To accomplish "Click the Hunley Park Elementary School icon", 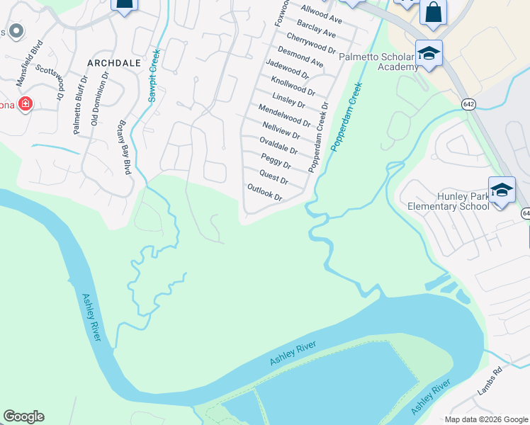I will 502,191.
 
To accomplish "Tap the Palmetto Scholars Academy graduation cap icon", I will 429,54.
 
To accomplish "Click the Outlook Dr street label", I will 265,193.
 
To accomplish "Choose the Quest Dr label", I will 274,176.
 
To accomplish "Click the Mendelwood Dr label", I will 284,115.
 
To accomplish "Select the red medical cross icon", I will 26,105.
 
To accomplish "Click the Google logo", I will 23,416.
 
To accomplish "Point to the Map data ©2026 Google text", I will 485,419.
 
